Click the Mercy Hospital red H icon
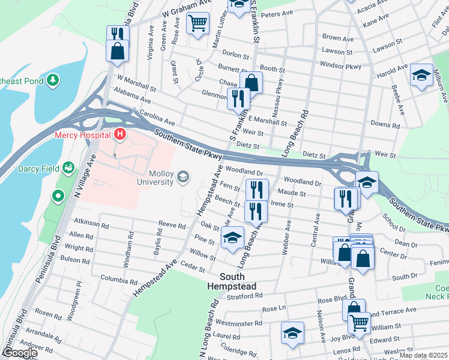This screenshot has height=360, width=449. pos(121,134)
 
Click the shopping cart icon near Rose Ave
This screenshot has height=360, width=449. pos(197,24)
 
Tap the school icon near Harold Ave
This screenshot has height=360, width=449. pos(422,75)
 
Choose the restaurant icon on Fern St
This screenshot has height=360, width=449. pos(256,189)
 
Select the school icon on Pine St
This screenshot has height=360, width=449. pos(233,238)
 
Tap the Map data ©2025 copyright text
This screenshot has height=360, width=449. pos(423,355)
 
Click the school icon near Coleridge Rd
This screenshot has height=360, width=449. pos(292,332)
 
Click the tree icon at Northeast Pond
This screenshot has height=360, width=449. pos(53,79)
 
